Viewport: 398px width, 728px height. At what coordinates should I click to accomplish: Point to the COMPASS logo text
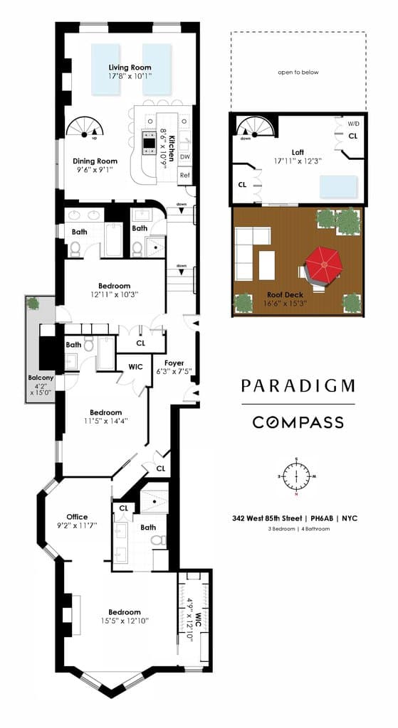[x=298, y=422]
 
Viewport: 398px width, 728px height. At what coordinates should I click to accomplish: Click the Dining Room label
[x=95, y=161]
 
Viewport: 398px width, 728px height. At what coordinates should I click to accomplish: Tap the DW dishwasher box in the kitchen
[x=184, y=156]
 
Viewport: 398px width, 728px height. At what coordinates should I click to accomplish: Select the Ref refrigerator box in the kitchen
[x=184, y=175]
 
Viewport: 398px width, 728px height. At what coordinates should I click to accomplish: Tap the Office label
[x=77, y=517]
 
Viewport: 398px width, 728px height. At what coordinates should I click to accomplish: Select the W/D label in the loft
[x=353, y=124]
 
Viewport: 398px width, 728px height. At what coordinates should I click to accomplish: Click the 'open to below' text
[x=298, y=72]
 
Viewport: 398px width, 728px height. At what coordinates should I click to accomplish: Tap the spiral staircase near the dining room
[x=85, y=128]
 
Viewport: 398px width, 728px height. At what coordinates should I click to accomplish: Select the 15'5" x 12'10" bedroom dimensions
[x=125, y=621]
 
